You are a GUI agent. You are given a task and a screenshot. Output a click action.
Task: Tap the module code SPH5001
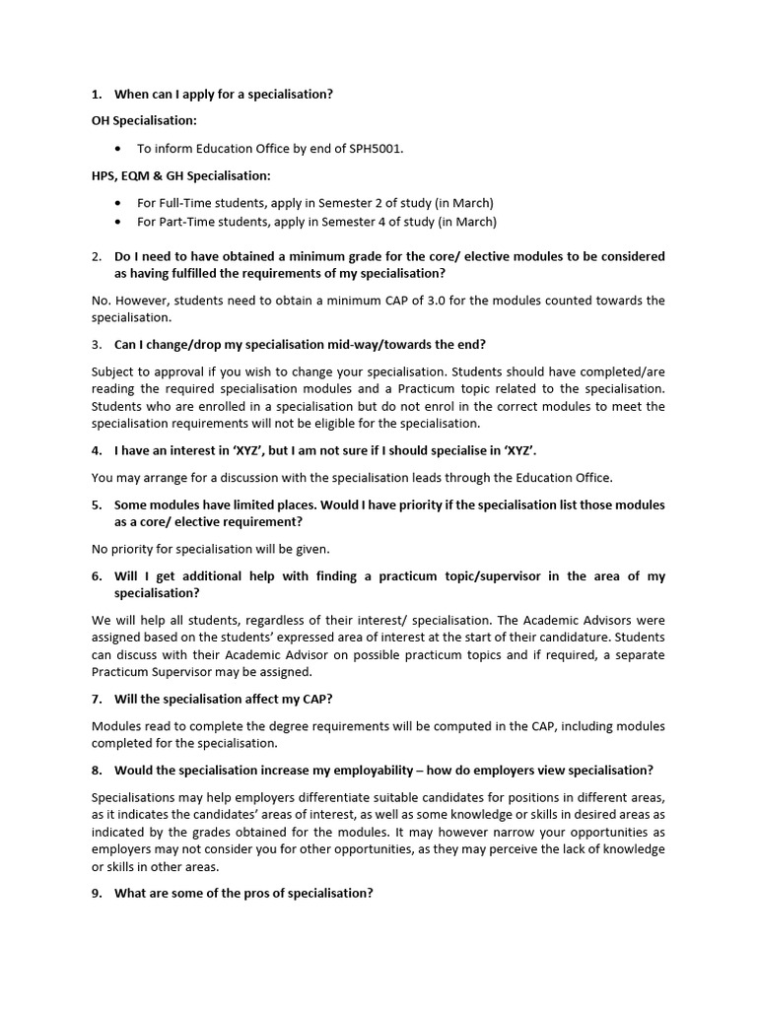point(376,149)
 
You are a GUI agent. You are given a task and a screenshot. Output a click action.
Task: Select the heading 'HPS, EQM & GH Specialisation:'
point(180,175)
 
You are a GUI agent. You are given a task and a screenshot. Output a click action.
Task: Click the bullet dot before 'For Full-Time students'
point(119,203)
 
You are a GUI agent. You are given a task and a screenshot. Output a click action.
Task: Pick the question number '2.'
point(97,256)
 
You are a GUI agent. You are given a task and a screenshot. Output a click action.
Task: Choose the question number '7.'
point(97,699)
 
